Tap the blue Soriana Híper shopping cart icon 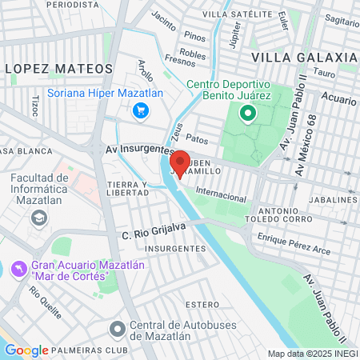click(x=141, y=110)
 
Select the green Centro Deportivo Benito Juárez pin click(x=248, y=114)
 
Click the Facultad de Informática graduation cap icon click(x=38, y=217)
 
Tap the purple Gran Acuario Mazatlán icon click(x=18, y=266)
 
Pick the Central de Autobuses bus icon click(x=118, y=328)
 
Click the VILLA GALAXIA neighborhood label click(x=303, y=58)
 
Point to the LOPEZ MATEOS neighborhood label click(x=45, y=70)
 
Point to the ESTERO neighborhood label click(x=201, y=305)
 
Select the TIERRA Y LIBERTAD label click(x=128, y=190)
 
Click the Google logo click(x=26, y=350)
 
